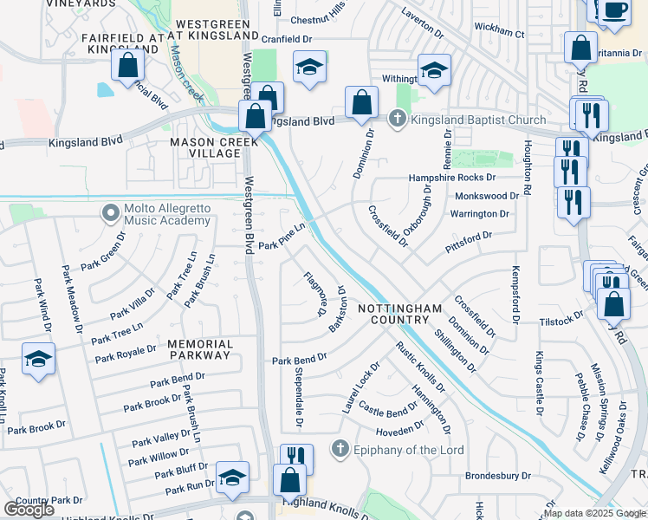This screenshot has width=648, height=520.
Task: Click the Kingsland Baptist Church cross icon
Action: tap(398, 120)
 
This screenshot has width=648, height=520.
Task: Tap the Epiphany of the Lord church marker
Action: tap(340, 450)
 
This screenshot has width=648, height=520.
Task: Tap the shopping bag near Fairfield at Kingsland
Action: tap(128, 64)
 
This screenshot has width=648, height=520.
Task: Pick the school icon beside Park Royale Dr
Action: tap(38, 358)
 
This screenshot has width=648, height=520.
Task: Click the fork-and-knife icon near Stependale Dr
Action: tap(296, 458)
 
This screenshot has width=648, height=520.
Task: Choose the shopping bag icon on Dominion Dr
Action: tap(361, 102)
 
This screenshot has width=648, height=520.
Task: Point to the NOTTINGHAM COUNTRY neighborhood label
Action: tap(400, 314)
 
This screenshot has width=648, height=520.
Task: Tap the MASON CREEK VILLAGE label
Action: tap(204, 147)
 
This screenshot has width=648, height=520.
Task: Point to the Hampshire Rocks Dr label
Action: tap(451, 179)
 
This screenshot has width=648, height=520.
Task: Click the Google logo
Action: tap(29, 510)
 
